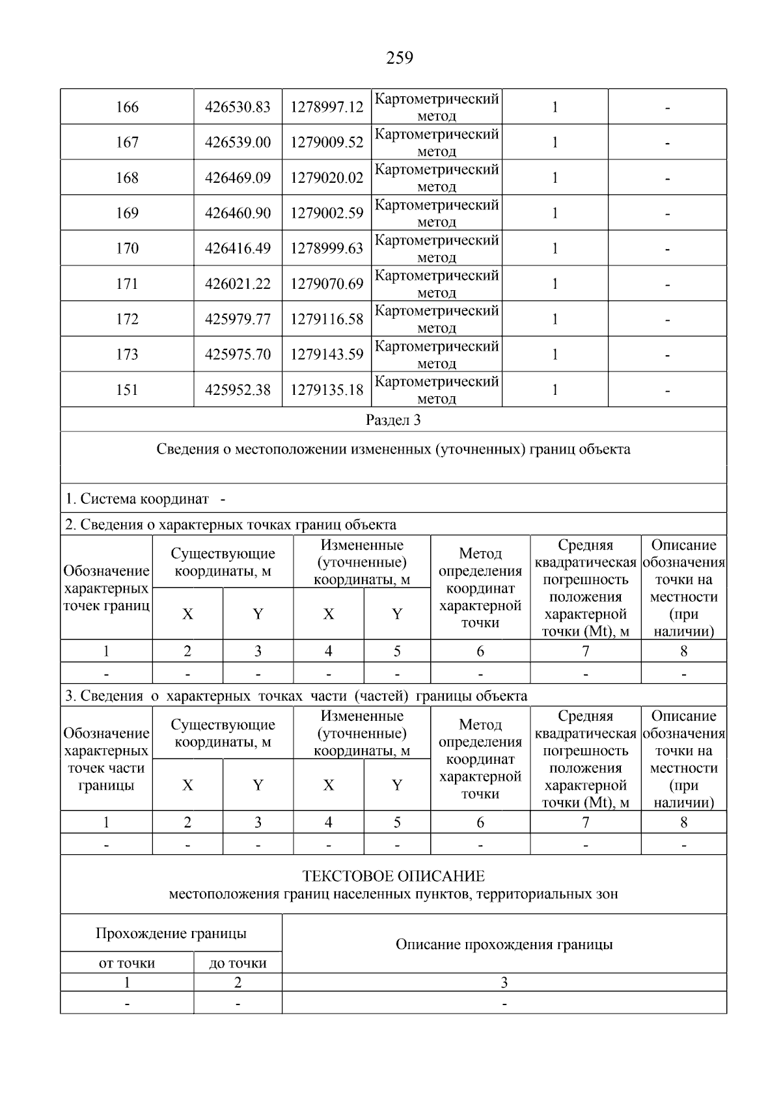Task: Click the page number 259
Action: coord(400,59)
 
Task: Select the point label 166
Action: coord(127,107)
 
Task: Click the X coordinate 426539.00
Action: coord(238,142)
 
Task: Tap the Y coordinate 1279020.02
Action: coord(327,178)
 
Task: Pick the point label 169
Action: coord(127,213)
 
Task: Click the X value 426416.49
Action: coord(238,249)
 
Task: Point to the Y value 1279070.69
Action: coord(327,284)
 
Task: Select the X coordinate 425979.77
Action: coord(238,319)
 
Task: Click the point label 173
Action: coord(127,355)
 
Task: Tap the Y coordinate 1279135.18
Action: coord(327,390)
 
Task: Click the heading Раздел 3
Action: coord(393,420)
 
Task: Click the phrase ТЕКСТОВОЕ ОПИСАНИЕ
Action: coord(393,876)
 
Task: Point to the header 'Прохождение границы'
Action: coord(171,934)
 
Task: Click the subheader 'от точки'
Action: coord(127,963)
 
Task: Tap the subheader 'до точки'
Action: coord(238,963)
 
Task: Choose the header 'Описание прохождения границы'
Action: coord(504,945)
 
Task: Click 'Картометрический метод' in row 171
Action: coord(437,284)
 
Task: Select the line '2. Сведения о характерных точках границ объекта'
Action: coord(230,524)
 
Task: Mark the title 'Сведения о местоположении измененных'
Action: coord(393,450)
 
